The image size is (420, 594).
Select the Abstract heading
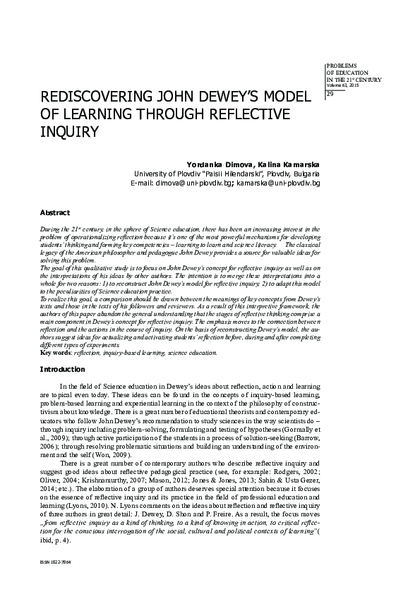[54, 212]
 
